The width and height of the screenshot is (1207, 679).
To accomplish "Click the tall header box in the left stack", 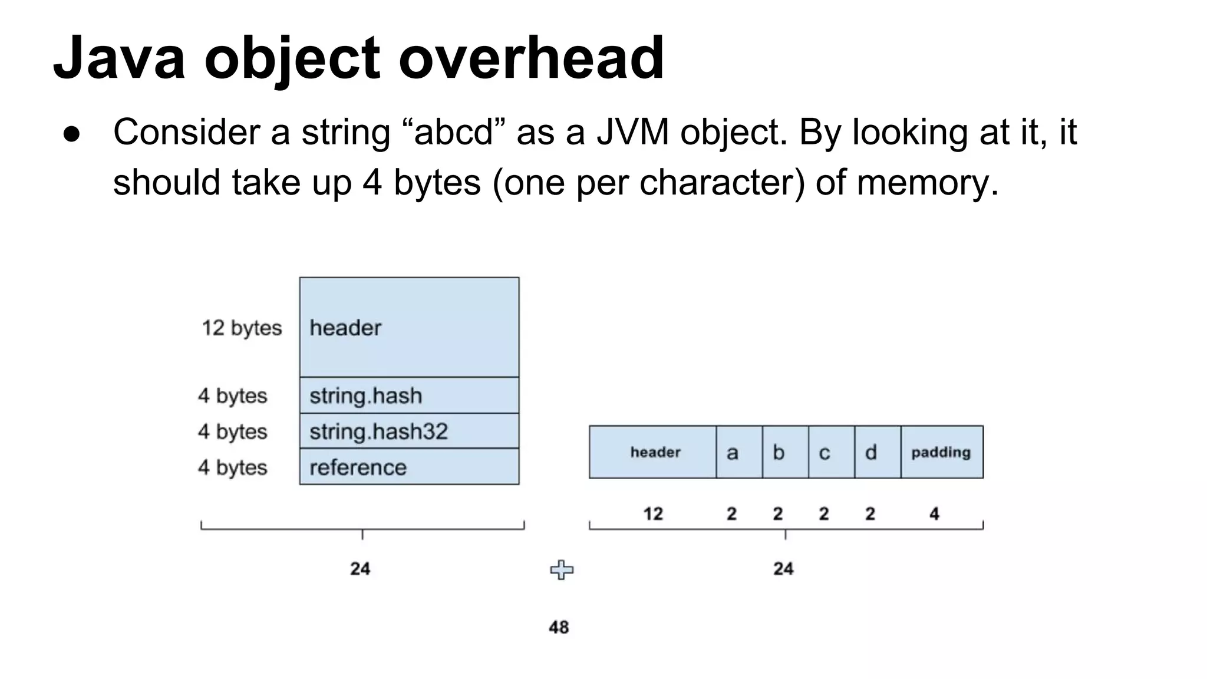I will click(x=409, y=327).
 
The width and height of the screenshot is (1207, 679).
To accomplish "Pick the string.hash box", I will click(x=409, y=395).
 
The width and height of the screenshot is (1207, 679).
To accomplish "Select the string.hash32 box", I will click(x=409, y=431).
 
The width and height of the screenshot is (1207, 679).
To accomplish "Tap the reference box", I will click(x=409, y=467).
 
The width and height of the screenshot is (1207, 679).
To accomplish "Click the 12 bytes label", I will click(x=242, y=328).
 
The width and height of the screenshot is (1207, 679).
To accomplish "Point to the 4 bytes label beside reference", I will click(x=232, y=467).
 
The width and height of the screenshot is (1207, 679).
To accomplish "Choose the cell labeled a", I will click(x=739, y=452).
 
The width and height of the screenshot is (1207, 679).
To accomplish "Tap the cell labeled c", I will click(x=831, y=452).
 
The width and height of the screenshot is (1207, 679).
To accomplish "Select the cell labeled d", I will click(x=877, y=452).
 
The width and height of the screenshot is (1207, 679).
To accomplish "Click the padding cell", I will click(x=941, y=452).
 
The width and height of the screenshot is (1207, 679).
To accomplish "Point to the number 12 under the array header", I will click(x=653, y=514).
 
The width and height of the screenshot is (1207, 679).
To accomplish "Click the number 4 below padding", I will click(x=934, y=514).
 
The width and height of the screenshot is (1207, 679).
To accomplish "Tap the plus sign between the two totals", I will click(x=561, y=570).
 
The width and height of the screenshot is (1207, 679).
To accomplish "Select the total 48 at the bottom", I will click(x=559, y=627).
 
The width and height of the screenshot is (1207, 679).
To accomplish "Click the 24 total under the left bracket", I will click(x=360, y=569).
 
